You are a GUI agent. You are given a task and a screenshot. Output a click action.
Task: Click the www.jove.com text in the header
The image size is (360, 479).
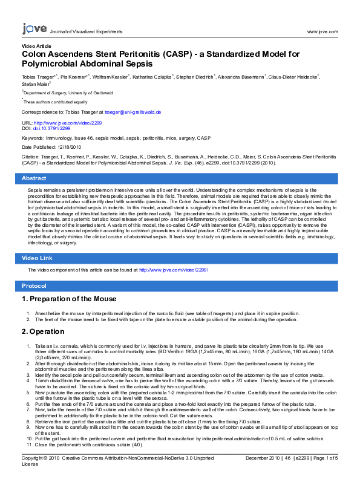pos(322,31)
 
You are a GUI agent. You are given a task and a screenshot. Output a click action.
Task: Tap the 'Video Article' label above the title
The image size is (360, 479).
pos(36,46)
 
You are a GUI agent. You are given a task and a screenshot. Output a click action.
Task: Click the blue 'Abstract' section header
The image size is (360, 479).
pos(34,178)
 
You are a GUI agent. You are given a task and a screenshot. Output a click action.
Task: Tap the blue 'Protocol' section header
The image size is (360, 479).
pos(34,285)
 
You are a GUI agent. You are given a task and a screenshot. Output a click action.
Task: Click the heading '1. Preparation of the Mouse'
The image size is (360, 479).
pos(68,299)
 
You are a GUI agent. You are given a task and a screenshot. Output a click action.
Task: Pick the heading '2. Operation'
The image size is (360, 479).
pos(42,331)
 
